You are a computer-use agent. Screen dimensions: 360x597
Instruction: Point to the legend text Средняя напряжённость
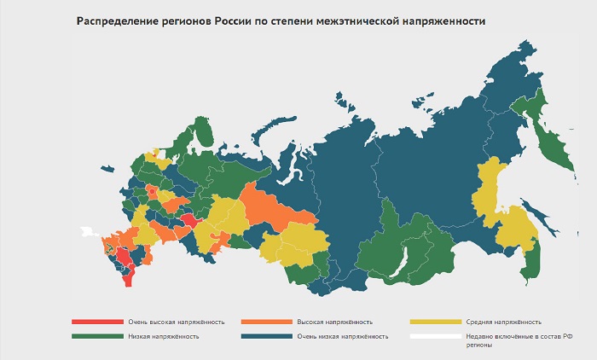[x=503, y=322]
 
